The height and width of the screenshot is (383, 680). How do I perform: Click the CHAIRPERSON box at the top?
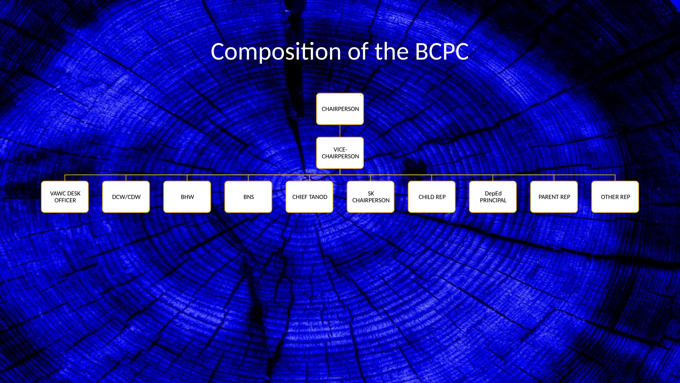[x=340, y=109]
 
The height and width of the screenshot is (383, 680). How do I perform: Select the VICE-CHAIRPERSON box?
[x=340, y=153]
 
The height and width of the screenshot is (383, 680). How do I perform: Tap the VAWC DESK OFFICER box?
[x=65, y=197]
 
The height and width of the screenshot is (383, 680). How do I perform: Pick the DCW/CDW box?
[x=126, y=197]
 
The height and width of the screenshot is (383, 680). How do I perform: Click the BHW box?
[x=187, y=197]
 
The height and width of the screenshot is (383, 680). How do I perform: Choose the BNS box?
[x=248, y=197]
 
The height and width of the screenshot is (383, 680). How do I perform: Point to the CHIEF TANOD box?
[x=309, y=197]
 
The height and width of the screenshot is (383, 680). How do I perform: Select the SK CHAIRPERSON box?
[x=371, y=197]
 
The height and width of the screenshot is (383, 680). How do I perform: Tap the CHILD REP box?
[x=432, y=197]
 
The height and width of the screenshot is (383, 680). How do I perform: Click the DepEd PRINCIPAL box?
[x=493, y=197]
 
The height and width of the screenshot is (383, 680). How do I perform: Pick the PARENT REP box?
[x=554, y=197]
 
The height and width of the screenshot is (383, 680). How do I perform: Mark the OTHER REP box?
[x=615, y=197]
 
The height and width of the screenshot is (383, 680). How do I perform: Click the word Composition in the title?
[x=276, y=52]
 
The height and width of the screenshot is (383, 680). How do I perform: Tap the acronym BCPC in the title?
[x=442, y=52]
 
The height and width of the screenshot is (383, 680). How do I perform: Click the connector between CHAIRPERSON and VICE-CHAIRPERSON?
[x=340, y=131]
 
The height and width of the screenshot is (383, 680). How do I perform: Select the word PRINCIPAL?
[x=493, y=200]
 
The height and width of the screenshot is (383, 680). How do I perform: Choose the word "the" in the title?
[x=391, y=52]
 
